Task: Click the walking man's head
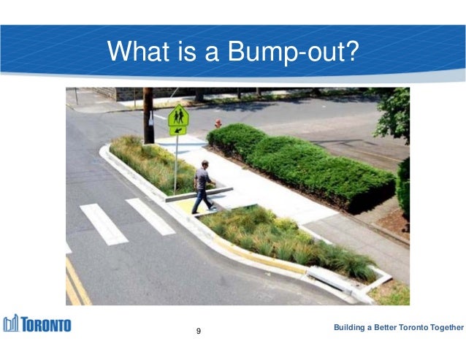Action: [204, 164]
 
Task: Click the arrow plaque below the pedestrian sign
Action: [177, 131]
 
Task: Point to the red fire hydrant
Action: [218, 123]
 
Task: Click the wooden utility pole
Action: [148, 115]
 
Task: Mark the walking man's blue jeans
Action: [201, 197]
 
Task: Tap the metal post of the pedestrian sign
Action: [176, 164]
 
